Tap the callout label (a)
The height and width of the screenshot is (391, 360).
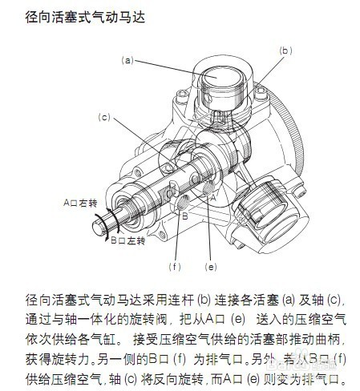click(127, 60)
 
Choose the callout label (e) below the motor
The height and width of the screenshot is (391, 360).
click(211, 265)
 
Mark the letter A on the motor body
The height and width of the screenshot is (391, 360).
click(212, 193)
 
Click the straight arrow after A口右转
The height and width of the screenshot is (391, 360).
click(111, 204)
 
